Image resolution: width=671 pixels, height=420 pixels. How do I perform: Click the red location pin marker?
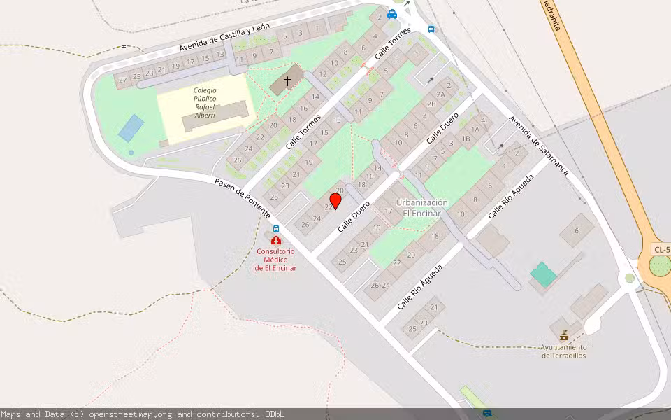(x=335, y=201)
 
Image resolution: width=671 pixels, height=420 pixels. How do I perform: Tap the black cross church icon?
(x=287, y=82)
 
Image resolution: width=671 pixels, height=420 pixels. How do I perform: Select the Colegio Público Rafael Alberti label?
(x=205, y=102)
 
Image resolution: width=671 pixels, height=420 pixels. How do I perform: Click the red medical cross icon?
(x=276, y=240)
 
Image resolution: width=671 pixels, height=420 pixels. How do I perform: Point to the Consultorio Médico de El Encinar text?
(x=275, y=260)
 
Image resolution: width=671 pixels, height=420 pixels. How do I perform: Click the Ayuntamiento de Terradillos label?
(x=563, y=351)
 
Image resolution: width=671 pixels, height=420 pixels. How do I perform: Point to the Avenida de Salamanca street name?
(x=538, y=146)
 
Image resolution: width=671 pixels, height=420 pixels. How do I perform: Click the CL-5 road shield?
(x=661, y=250)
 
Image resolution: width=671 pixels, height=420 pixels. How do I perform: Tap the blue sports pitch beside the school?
(x=131, y=128)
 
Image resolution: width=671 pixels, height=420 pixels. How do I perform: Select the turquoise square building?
(x=543, y=274)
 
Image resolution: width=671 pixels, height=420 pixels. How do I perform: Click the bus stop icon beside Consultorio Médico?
(x=276, y=229)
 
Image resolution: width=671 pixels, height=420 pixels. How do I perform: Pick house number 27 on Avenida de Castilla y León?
(x=123, y=80)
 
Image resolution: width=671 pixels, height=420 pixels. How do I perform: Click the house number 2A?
(x=440, y=94)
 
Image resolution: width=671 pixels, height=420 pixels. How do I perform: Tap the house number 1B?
(x=466, y=139)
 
